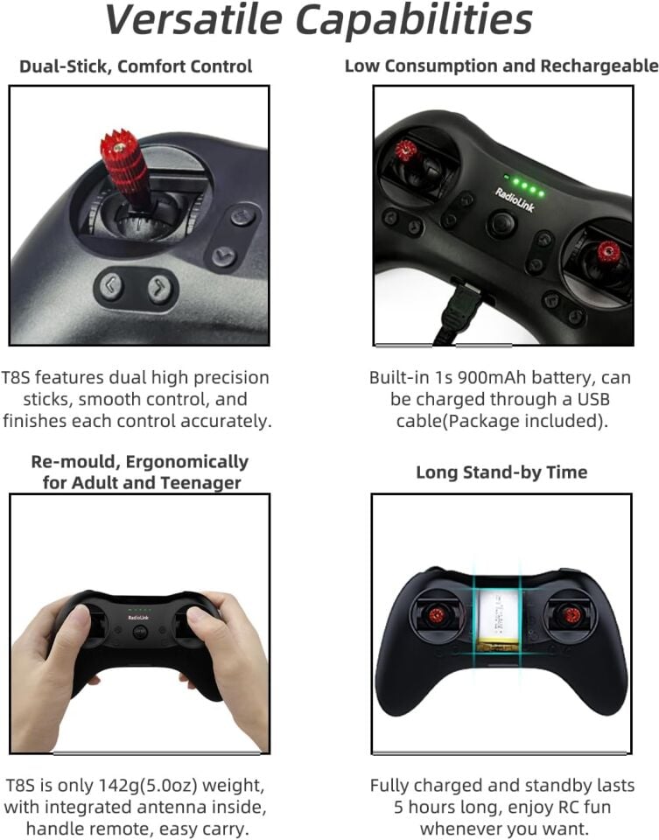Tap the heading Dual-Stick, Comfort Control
click(136, 66)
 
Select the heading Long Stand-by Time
click(501, 472)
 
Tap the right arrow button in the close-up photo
click(158, 287)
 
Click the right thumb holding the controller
click(203, 623)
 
